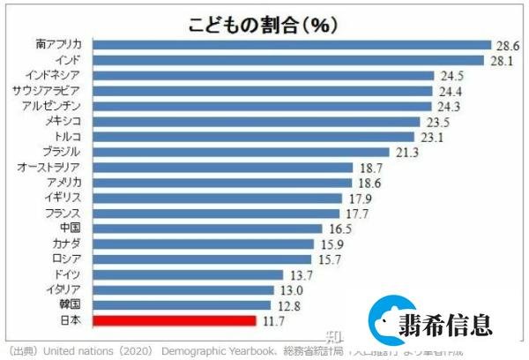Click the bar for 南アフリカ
[291, 44]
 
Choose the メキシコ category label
[64, 121]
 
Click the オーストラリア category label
[50, 168]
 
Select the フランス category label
[64, 214]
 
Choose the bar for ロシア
[203, 259]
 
